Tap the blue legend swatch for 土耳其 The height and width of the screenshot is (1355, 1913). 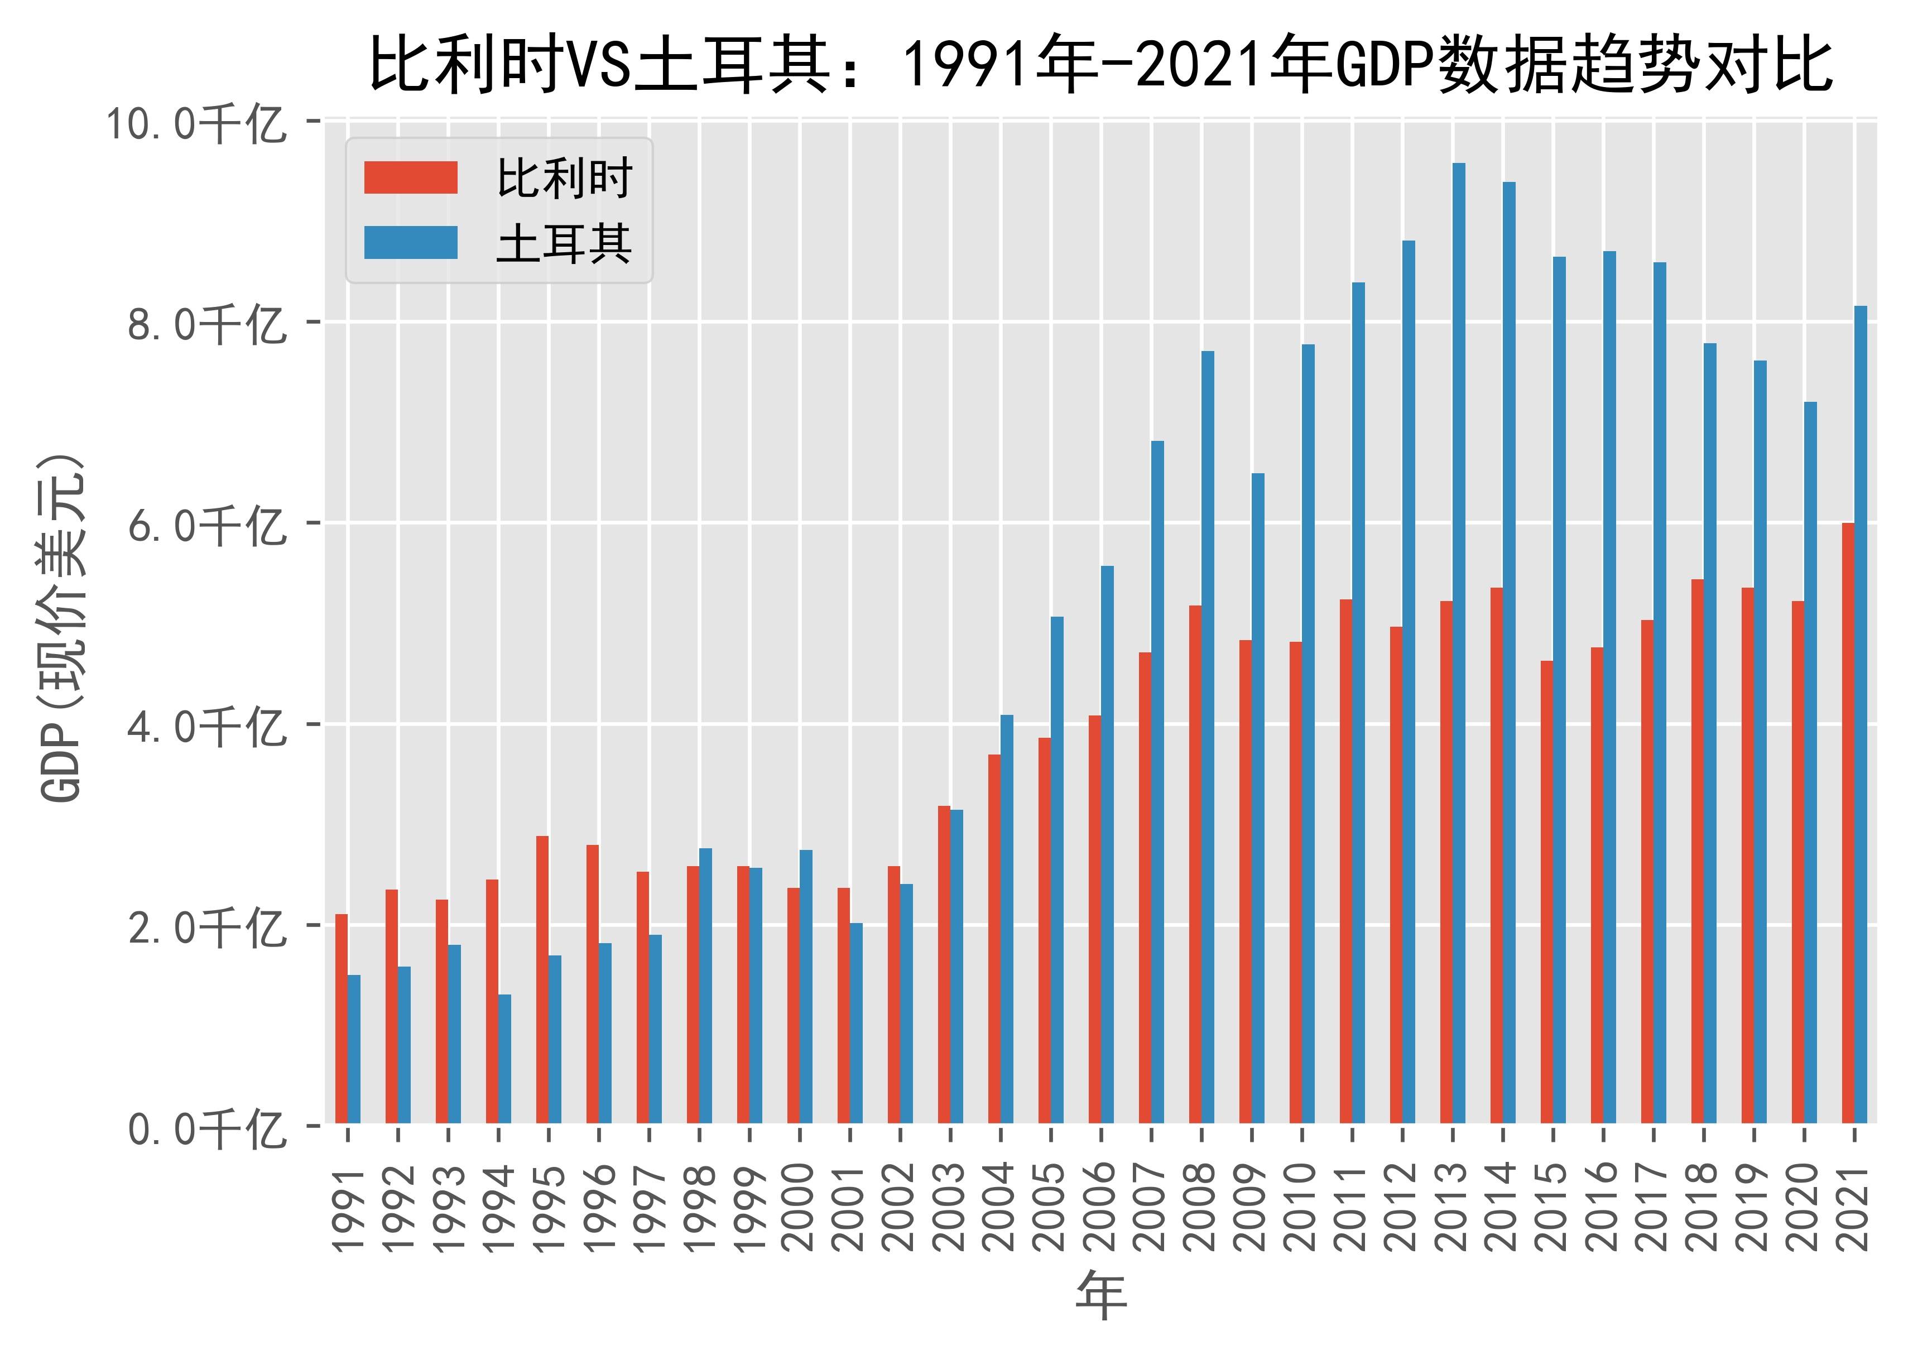point(411,243)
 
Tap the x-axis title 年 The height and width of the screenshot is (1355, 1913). point(1101,1296)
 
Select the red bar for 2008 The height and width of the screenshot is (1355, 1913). point(1195,863)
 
